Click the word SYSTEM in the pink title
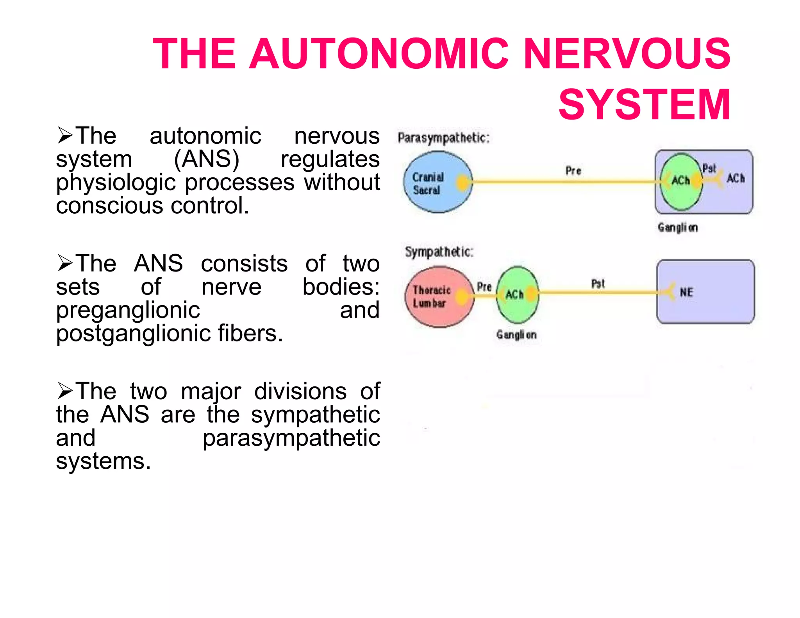[644, 104]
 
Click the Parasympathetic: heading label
[443, 138]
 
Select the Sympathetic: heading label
[439, 252]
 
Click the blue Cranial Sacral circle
[434, 182]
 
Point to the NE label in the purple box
[686, 292]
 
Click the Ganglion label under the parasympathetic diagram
[678, 227]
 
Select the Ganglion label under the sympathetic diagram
[516, 335]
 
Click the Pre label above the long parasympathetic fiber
[573, 171]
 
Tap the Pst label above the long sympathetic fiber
[598, 284]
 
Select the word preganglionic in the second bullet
[128, 310]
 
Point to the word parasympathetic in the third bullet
[291, 438]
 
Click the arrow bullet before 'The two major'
[64, 391]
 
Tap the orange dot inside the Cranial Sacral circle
[462, 182]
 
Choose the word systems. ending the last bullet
[103, 461]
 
